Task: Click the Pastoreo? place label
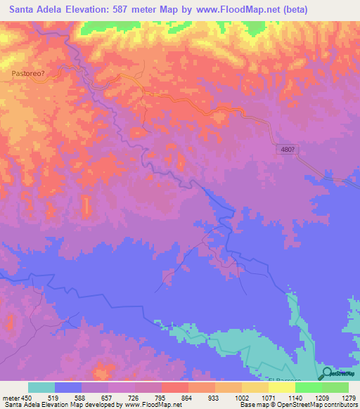tap(28, 72)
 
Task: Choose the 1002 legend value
tap(242, 397)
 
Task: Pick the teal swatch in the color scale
tap(41, 387)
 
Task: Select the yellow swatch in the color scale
tap(255, 387)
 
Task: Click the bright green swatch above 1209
tap(309, 387)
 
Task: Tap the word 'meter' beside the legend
tap(10, 397)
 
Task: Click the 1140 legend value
tap(295, 397)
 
